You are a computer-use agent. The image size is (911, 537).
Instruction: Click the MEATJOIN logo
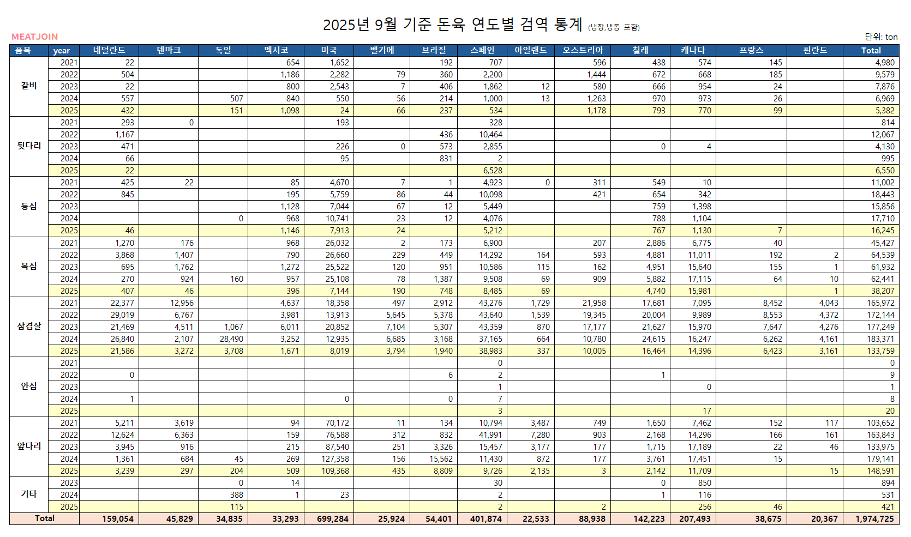point(34,37)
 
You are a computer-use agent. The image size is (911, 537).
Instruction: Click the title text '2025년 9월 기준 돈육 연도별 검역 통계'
point(453,25)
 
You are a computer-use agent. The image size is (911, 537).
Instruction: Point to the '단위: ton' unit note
point(881,37)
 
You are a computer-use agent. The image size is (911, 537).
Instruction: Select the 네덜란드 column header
point(109,50)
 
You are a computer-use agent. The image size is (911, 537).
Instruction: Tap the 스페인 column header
point(483,50)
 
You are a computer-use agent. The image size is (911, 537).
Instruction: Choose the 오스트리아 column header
point(583,50)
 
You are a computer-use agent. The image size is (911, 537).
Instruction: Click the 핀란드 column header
point(815,50)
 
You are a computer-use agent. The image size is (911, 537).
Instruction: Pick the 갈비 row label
point(29,86)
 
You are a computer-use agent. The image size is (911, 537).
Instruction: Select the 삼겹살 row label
point(29,326)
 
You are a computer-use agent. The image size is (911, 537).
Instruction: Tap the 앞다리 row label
point(29,446)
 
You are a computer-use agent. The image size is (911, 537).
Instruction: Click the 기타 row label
point(29,494)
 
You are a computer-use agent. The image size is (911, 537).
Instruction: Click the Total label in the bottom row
point(45,518)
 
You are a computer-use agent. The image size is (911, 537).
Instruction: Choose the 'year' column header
point(62,51)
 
